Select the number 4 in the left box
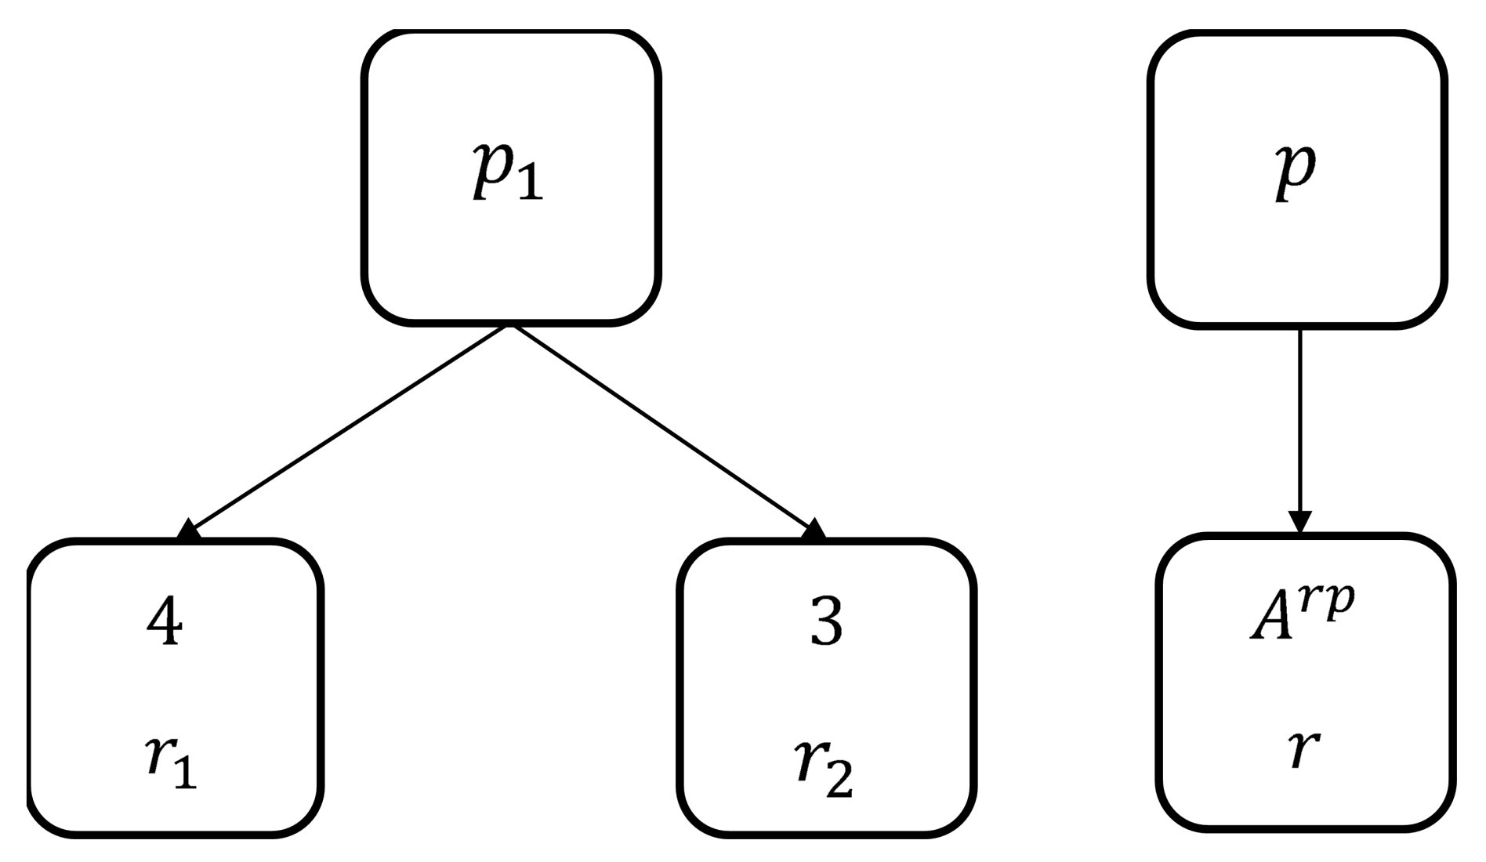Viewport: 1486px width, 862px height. (x=165, y=621)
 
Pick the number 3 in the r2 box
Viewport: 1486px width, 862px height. (x=826, y=621)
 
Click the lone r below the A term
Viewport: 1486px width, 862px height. (x=1303, y=749)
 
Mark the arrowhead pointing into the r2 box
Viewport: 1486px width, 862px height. (x=814, y=530)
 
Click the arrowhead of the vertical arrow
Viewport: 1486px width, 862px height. (x=1299, y=522)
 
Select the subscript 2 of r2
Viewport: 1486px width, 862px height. (x=840, y=781)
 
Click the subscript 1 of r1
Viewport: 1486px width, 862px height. (x=185, y=774)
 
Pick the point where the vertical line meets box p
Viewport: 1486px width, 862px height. (x=1299, y=327)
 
